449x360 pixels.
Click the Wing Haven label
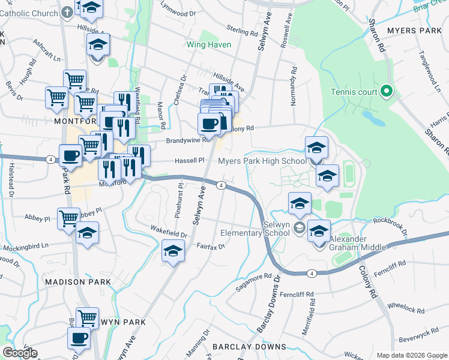click(x=209, y=44)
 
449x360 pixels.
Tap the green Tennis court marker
click(x=387, y=92)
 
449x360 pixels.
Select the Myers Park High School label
click(x=262, y=161)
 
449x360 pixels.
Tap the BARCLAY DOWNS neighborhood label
click(x=249, y=347)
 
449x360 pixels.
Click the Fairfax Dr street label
click(x=210, y=246)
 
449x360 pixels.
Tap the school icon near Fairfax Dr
click(x=173, y=251)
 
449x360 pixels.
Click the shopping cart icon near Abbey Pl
click(x=68, y=218)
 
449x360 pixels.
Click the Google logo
click(x=20, y=353)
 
